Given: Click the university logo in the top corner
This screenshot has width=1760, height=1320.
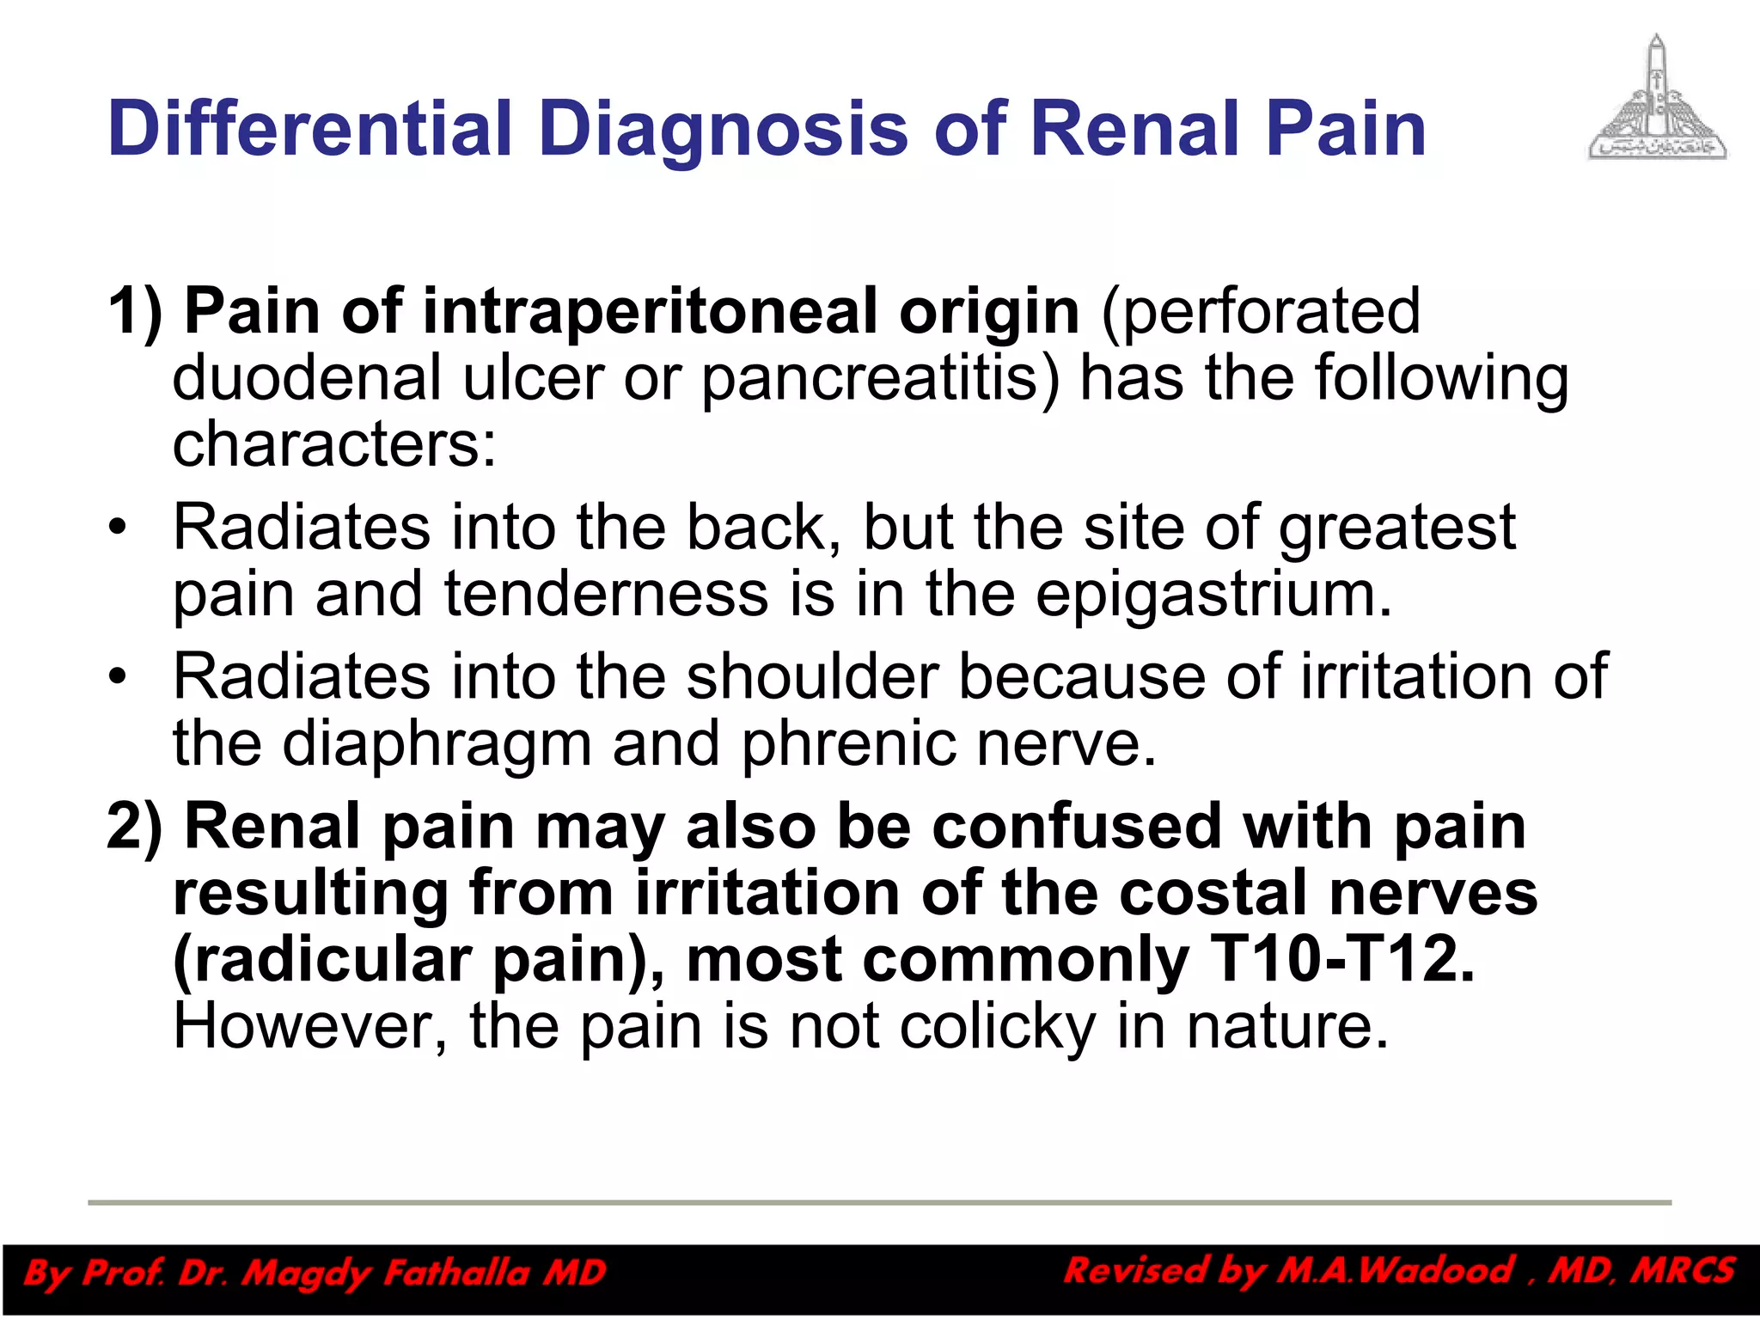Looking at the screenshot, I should (x=1657, y=98).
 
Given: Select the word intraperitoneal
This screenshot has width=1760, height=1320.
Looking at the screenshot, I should (x=651, y=311).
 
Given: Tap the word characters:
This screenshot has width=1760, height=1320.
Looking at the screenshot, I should (x=334, y=444).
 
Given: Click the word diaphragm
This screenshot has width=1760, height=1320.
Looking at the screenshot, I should (x=437, y=743).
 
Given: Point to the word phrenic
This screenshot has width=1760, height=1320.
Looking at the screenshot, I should (x=848, y=743).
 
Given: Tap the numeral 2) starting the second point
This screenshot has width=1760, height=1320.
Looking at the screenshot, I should (x=135, y=827).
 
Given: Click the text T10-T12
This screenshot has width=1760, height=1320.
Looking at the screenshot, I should (x=1341, y=960).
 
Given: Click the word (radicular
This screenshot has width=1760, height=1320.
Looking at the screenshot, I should (x=322, y=960).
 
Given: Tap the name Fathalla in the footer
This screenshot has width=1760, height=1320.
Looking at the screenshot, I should (x=455, y=1273).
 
